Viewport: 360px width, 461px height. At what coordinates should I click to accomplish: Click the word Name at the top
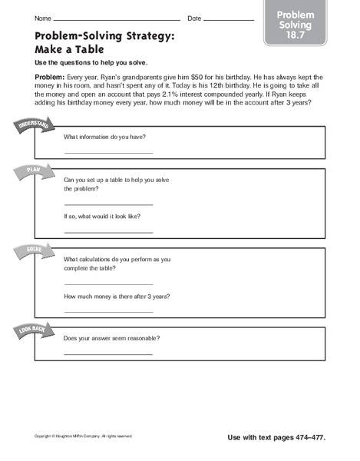coord(42,18)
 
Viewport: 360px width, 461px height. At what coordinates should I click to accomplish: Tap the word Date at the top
coord(194,18)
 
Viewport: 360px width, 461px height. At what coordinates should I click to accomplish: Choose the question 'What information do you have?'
coord(104,137)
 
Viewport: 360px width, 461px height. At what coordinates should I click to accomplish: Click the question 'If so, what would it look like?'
coord(102,217)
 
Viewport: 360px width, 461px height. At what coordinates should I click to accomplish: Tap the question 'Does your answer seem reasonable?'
coord(116,338)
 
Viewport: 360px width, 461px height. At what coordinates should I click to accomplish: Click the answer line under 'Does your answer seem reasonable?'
coord(108,353)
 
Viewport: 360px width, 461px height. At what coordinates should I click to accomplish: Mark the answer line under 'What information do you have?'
coord(108,153)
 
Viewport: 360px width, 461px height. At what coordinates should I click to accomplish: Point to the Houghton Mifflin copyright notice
coord(81,437)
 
